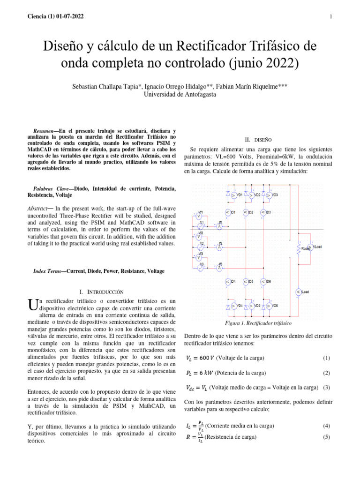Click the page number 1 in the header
tap(331, 17)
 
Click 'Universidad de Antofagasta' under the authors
tap(180, 94)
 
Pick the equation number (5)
tap(327, 437)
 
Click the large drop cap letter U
tap(33, 307)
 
